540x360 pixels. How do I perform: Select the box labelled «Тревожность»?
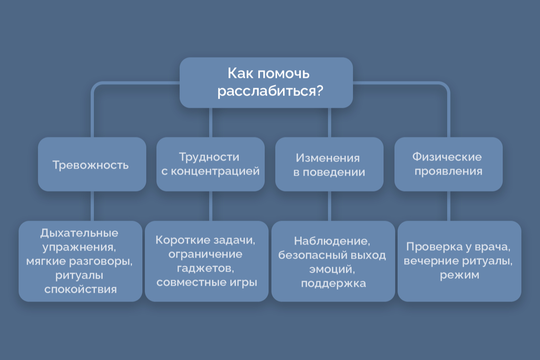[x=92, y=164]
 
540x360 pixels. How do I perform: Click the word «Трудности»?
[x=209, y=157]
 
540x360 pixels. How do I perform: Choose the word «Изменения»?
[x=328, y=158]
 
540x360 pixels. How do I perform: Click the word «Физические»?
[x=447, y=157]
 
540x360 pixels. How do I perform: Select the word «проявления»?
[x=448, y=171]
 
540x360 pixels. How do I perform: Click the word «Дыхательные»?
[x=79, y=233]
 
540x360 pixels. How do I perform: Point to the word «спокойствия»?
[x=81, y=289]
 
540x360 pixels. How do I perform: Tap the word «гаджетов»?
[x=205, y=268]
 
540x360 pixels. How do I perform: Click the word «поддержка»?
[x=333, y=283]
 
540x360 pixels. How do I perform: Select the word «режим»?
[x=459, y=275]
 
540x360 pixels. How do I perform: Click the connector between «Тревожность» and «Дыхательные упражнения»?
[x=92, y=206]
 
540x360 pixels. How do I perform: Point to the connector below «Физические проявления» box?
[x=449, y=206]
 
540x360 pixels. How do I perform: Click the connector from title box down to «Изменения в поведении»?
[x=329, y=122]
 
